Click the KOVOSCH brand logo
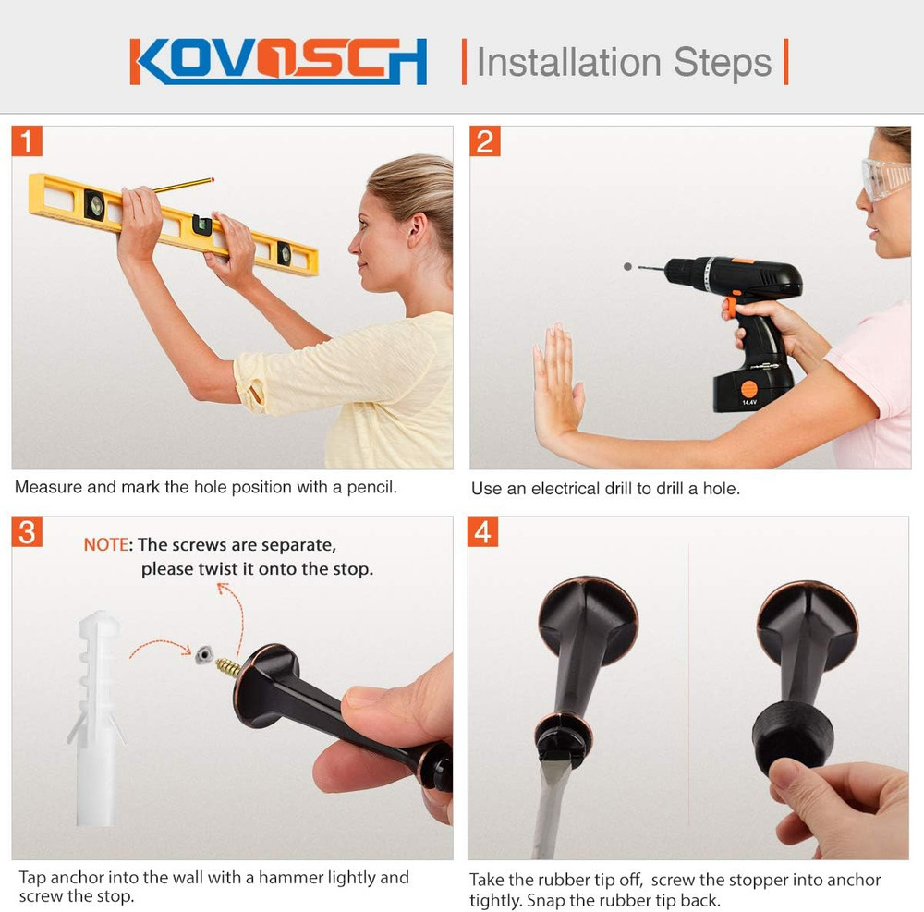click(278, 61)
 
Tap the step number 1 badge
click(27, 140)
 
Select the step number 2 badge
click(485, 141)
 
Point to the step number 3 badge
click(27, 532)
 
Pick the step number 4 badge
click(482, 532)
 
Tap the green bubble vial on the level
click(202, 225)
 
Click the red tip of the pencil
click(212, 179)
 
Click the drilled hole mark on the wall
click(627, 267)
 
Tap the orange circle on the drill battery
click(748, 389)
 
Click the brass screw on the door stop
click(228, 667)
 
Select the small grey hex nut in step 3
click(203, 654)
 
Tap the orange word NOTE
click(105, 545)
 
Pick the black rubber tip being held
click(793, 737)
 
